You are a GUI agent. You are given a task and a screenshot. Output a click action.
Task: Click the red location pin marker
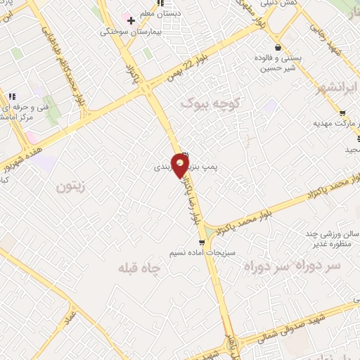pyautogui.click(x=181, y=165)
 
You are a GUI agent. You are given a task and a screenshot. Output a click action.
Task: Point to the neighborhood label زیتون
pyautogui.click(x=70, y=187)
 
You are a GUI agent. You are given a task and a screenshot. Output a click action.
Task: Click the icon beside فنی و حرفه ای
pyautogui.click(x=11, y=96)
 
